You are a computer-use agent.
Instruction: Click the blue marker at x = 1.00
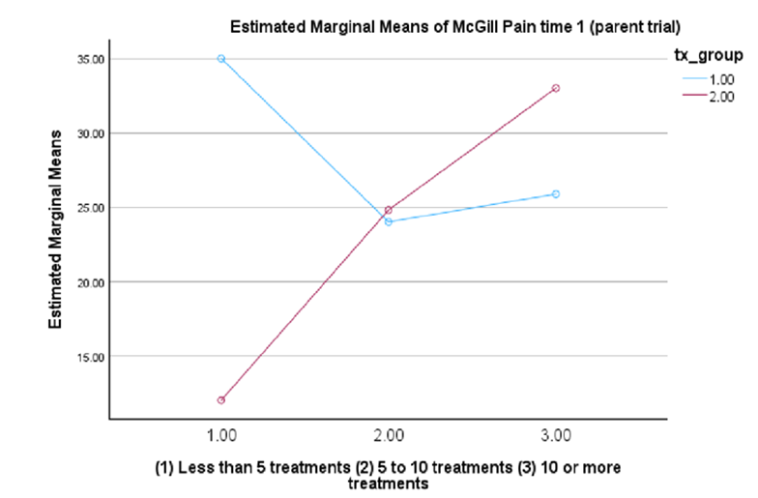221,59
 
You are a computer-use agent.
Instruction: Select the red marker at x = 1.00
221,399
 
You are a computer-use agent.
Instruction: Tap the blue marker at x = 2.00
389,221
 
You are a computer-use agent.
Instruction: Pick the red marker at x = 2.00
389,210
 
